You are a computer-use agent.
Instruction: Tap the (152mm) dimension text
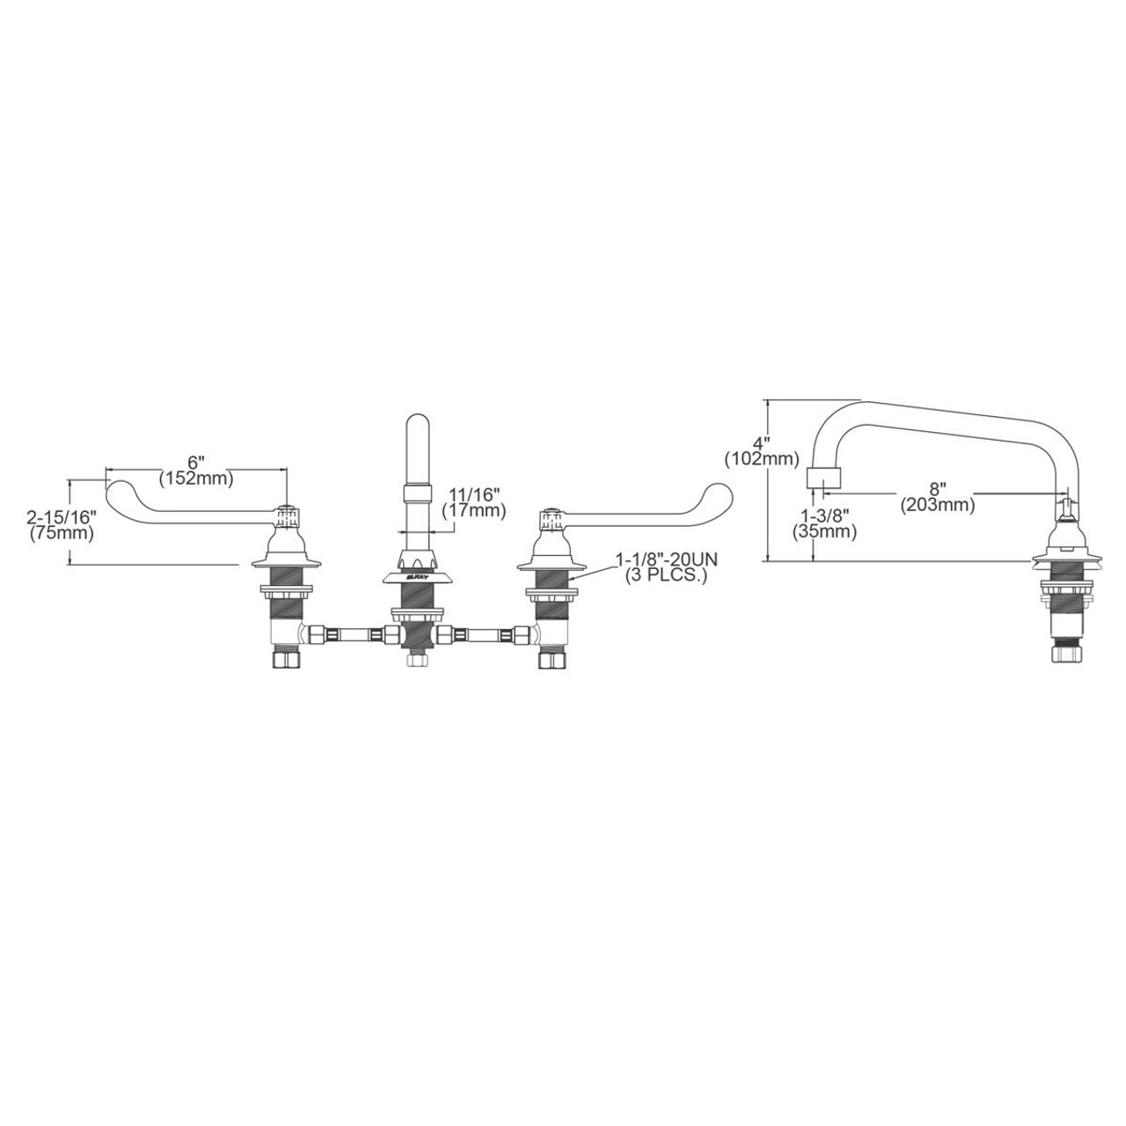[x=195, y=479]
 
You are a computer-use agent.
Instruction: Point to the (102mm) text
[x=762, y=458]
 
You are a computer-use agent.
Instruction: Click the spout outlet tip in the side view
[x=823, y=480]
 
